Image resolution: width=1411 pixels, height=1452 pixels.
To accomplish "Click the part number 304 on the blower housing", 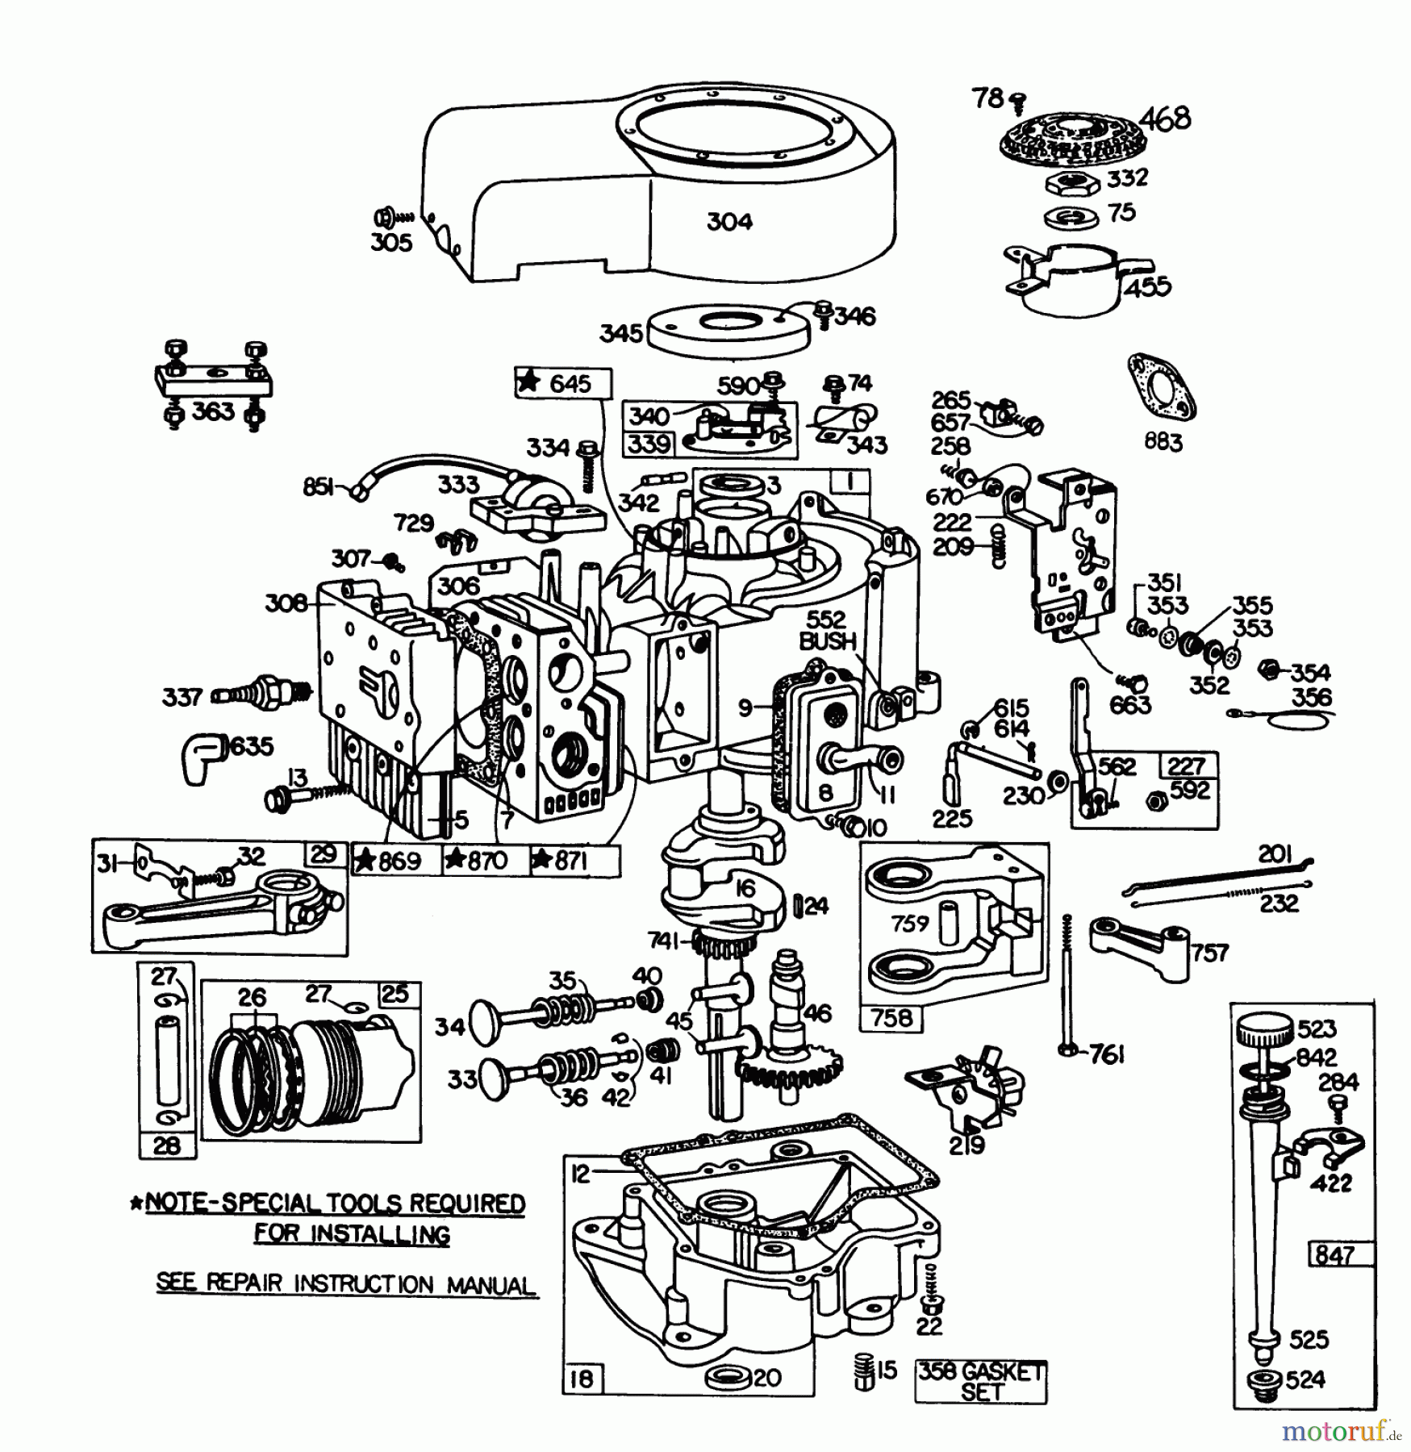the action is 728,222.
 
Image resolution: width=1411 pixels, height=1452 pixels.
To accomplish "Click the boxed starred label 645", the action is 563,383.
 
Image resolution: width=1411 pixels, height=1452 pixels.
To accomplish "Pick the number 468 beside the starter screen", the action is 1167,119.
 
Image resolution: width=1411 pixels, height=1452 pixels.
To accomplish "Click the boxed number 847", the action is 1334,1254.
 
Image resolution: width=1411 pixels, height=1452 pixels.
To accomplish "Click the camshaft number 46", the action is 816,1013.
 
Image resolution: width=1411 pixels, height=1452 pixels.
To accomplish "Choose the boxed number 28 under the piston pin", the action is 165,1145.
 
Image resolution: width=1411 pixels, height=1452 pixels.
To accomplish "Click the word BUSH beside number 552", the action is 828,641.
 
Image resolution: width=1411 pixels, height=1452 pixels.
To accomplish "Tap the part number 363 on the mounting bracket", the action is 213,412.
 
